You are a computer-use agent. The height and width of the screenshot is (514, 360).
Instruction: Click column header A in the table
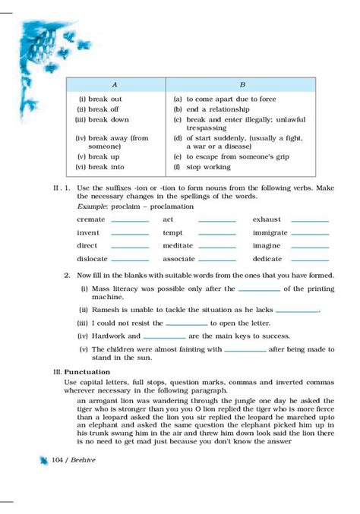point(114,84)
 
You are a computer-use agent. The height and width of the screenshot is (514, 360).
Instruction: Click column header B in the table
point(242,84)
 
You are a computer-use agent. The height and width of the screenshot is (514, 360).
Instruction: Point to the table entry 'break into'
point(105,167)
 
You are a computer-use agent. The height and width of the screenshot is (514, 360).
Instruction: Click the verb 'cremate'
point(90,219)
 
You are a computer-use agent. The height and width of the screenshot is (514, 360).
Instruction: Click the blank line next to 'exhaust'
point(310,219)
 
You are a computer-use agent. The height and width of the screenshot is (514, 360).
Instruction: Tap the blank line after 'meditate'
point(217,246)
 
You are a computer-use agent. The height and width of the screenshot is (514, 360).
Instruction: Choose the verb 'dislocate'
point(92,260)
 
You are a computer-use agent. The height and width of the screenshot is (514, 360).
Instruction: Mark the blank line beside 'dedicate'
point(310,260)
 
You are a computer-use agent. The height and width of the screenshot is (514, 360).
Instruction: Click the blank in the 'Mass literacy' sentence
point(259,289)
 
